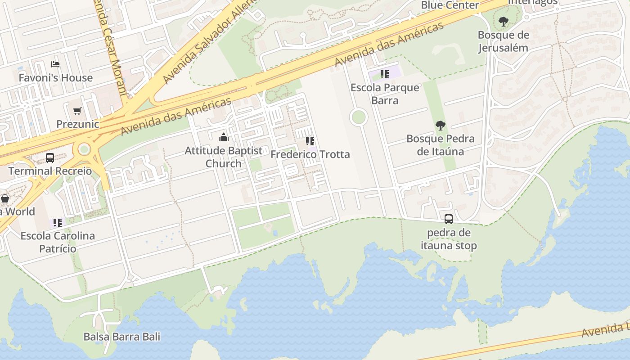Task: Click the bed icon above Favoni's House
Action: click(x=55, y=64)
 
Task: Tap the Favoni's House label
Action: click(x=55, y=78)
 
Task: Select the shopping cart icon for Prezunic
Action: click(x=77, y=111)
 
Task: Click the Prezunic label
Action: click(x=77, y=124)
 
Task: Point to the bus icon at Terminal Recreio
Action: click(x=50, y=158)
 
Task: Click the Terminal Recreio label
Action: click(x=50, y=171)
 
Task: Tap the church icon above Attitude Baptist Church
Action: click(x=224, y=137)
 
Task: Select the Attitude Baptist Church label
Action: click(x=224, y=157)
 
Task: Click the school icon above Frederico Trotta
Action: click(x=310, y=141)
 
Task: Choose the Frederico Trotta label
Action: click(x=310, y=154)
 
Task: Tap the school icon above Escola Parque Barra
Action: click(x=384, y=74)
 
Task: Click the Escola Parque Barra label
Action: click(x=385, y=94)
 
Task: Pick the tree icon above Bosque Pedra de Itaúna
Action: click(x=440, y=126)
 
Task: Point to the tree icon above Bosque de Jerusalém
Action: click(x=503, y=21)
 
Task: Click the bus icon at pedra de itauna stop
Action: click(x=449, y=219)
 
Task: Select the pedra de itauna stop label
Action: click(x=449, y=239)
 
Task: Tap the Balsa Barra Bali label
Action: click(x=121, y=337)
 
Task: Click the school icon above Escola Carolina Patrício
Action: click(x=57, y=222)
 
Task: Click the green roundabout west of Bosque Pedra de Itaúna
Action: click(x=359, y=117)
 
